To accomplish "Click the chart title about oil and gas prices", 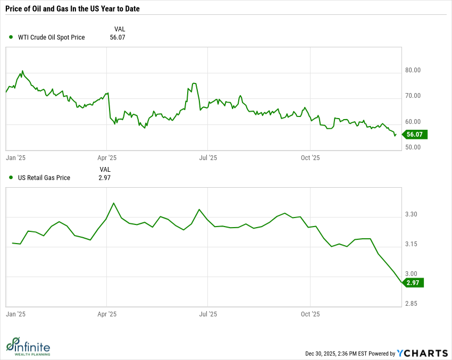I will click(77, 9).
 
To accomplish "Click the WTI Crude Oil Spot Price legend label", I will click(51, 37).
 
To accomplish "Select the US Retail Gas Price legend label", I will click(44, 178).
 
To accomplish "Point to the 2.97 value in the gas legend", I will click(105, 178).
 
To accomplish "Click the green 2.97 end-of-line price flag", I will click(413, 283).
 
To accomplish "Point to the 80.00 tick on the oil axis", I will click(413, 70).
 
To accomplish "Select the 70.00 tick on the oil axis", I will click(413, 96).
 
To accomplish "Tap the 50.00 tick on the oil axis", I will click(413, 147).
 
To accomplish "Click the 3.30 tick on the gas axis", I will click(411, 215).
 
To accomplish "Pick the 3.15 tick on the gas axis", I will click(411, 245).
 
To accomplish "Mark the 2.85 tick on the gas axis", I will click(411, 304).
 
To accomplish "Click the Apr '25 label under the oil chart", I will click(107, 158).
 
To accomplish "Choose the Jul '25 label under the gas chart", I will click(207, 314).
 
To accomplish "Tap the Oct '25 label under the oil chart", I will click(310, 158).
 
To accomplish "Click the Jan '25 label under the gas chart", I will click(16, 314).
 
